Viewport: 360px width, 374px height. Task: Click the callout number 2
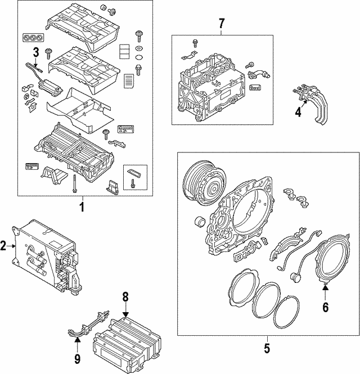tap(4, 246)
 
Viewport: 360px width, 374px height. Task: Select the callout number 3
tap(35, 53)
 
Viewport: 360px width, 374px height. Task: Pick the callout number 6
tap(325, 307)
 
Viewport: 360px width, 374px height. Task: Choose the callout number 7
tap(221, 23)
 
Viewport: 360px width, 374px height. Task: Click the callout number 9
tap(77, 357)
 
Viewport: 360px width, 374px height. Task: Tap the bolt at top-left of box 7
tap(195, 43)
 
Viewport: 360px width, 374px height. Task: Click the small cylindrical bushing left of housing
tap(199, 222)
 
